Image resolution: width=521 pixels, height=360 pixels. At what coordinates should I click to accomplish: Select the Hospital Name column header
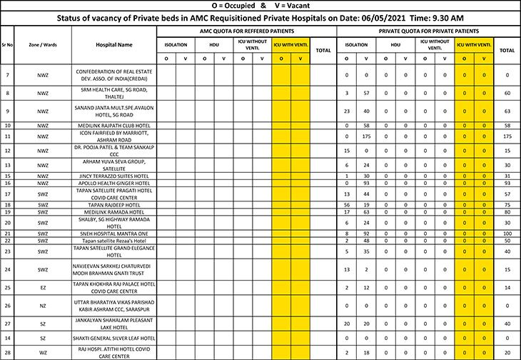114,44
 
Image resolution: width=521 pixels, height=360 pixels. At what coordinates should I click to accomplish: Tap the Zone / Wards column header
42,44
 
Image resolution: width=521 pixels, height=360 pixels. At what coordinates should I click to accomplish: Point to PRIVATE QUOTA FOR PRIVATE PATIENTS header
428,31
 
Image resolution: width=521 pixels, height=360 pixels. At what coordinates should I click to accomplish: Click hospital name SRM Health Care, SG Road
114,93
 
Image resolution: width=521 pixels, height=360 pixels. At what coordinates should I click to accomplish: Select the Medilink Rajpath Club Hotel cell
114,126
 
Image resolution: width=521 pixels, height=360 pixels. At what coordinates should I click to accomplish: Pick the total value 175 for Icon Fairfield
507,136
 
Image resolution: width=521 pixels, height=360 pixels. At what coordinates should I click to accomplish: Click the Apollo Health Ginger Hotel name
114,184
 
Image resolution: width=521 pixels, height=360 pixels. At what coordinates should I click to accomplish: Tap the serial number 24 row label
7,269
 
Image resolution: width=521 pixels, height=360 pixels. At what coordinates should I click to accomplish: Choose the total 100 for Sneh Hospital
507,234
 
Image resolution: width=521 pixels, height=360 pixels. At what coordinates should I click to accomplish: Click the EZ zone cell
42,287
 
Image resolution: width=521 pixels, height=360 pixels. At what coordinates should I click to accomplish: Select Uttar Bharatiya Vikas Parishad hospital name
114,305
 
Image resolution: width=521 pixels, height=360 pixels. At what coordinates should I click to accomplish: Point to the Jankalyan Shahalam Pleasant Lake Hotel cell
114,324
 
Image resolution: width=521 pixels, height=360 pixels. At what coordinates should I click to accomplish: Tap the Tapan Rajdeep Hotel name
114,204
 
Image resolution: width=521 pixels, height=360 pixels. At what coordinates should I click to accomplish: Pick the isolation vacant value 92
365,234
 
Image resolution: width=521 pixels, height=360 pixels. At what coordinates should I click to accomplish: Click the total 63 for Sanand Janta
507,111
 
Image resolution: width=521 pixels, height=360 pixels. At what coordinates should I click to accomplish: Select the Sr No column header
7,44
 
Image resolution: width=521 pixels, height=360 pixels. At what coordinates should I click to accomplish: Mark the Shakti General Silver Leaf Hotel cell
114,338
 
